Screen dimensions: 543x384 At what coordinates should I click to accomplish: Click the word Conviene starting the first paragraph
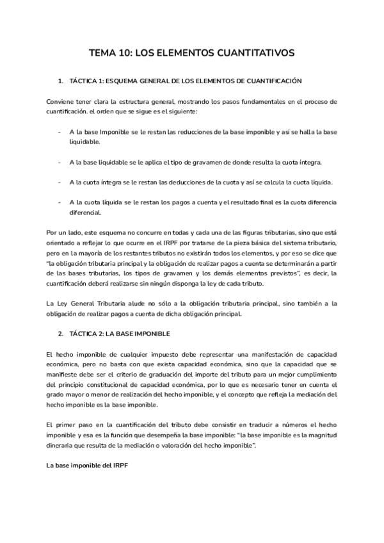coord(60,102)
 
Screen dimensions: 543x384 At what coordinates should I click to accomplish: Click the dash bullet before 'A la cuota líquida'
coord(59,202)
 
